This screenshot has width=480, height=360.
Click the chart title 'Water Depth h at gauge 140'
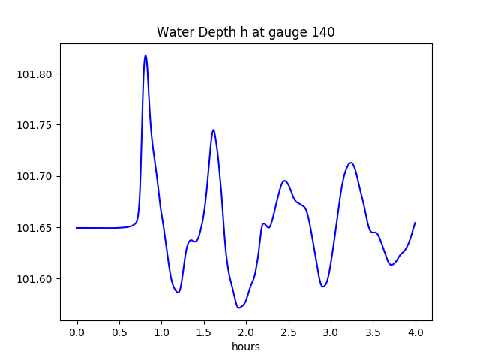pos(245,32)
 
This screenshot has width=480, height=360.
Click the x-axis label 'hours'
pos(246,346)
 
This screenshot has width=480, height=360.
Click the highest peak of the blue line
pos(145,55)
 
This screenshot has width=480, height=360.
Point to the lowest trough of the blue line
pos(238,307)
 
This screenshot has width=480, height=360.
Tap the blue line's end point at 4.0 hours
pos(415,223)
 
